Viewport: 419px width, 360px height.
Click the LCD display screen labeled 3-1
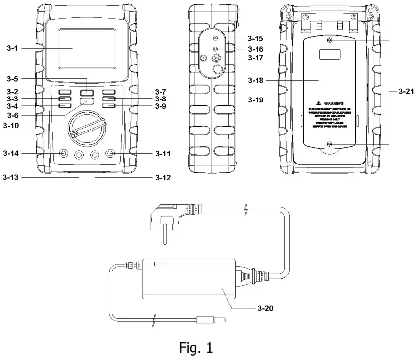[87, 48]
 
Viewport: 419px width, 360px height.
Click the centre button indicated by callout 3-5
[88, 92]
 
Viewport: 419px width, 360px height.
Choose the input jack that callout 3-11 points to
[111, 154]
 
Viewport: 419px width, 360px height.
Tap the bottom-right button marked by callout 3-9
[109, 106]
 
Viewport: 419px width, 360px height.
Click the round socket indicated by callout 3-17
[216, 58]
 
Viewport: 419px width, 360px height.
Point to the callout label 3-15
[256, 38]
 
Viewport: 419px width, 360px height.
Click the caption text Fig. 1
[195, 348]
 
